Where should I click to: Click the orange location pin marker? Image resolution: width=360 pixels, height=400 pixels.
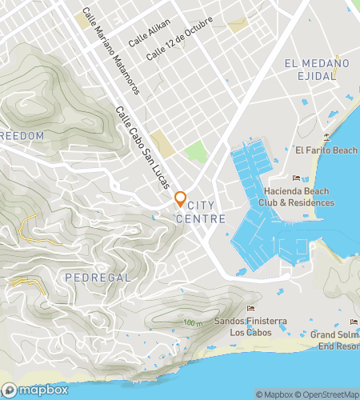pos(180,199)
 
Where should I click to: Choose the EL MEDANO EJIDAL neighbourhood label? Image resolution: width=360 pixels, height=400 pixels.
pos(317,69)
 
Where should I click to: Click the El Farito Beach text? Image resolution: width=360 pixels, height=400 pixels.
pos(326,150)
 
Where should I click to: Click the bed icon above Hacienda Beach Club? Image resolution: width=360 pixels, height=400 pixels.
pos(296,178)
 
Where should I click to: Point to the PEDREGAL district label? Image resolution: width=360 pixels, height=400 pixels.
pos(94,276)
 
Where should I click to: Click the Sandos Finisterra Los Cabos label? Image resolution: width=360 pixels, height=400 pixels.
pos(250,326)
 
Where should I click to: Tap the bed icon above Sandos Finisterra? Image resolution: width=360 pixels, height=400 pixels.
pos(250,309)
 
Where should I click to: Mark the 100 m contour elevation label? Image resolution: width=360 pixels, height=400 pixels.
pos(192,322)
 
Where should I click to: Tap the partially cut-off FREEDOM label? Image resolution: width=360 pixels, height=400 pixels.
pos(22,136)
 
